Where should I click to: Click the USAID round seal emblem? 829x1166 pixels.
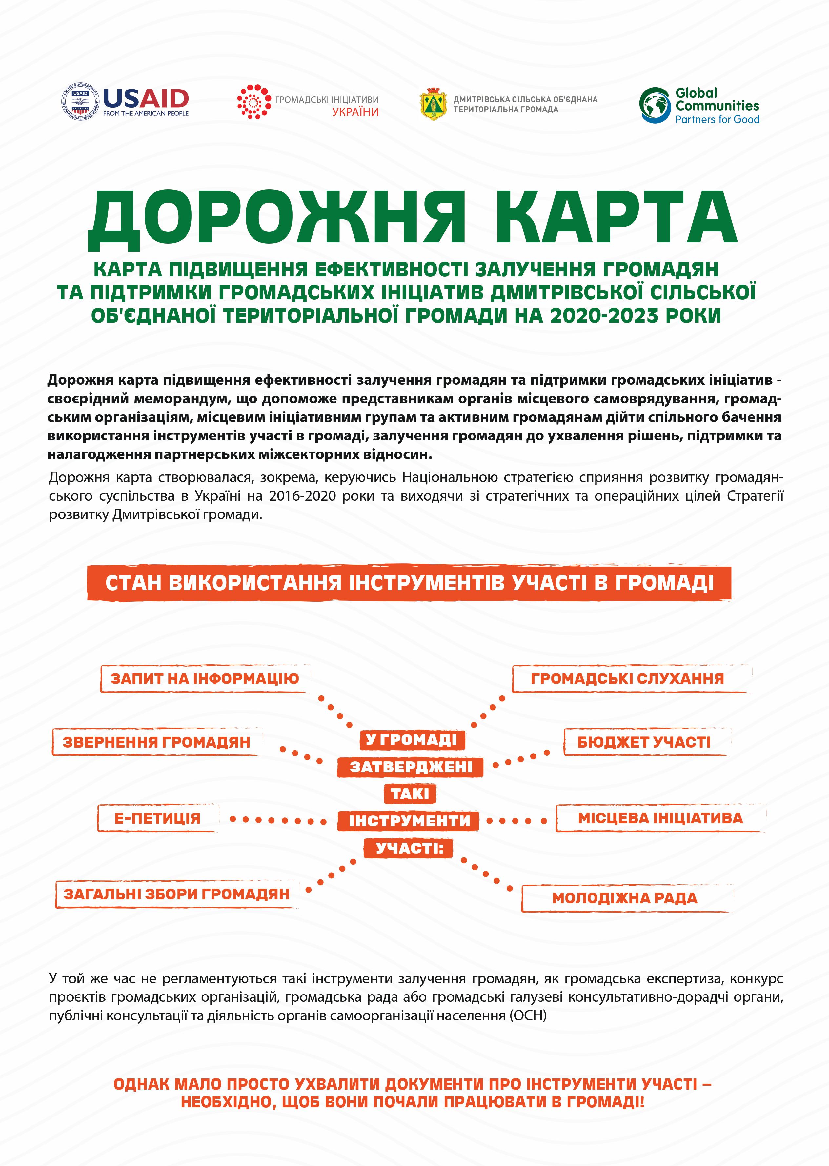coord(80,102)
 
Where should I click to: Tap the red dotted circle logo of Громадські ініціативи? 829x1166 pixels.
coord(253,102)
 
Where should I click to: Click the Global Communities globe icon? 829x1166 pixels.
coord(655,105)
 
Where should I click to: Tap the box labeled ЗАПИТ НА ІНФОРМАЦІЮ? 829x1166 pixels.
coord(205,679)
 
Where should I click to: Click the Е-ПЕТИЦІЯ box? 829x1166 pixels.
coord(157,818)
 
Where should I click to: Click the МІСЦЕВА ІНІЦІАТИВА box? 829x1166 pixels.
coord(660,818)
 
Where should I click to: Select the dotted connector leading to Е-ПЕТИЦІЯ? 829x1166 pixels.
coord(278,820)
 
